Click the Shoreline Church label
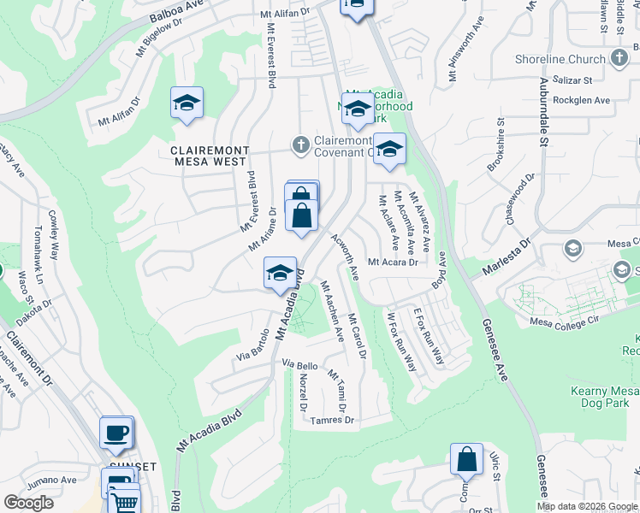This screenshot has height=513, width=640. pyautogui.click(x=560, y=59)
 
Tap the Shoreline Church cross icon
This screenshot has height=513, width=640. pyautogui.click(x=620, y=58)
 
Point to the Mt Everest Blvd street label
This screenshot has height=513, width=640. pyautogui.click(x=271, y=55)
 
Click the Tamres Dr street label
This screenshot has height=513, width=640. pyautogui.click(x=333, y=420)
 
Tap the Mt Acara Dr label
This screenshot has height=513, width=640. pyautogui.click(x=393, y=262)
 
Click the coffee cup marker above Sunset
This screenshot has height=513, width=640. pyautogui.click(x=116, y=432)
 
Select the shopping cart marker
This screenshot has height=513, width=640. pyautogui.click(x=124, y=502)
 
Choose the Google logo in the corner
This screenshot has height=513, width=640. pyautogui.click(x=28, y=503)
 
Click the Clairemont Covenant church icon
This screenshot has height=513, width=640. pyautogui.click(x=300, y=145)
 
